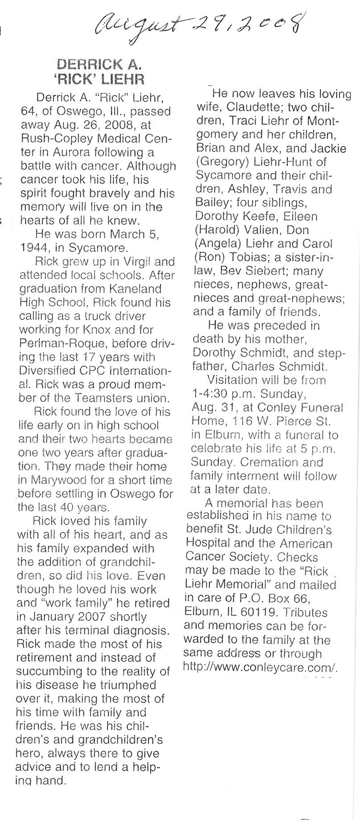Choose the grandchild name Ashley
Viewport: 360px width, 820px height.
(247, 189)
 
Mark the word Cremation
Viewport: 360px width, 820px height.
(276, 462)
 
